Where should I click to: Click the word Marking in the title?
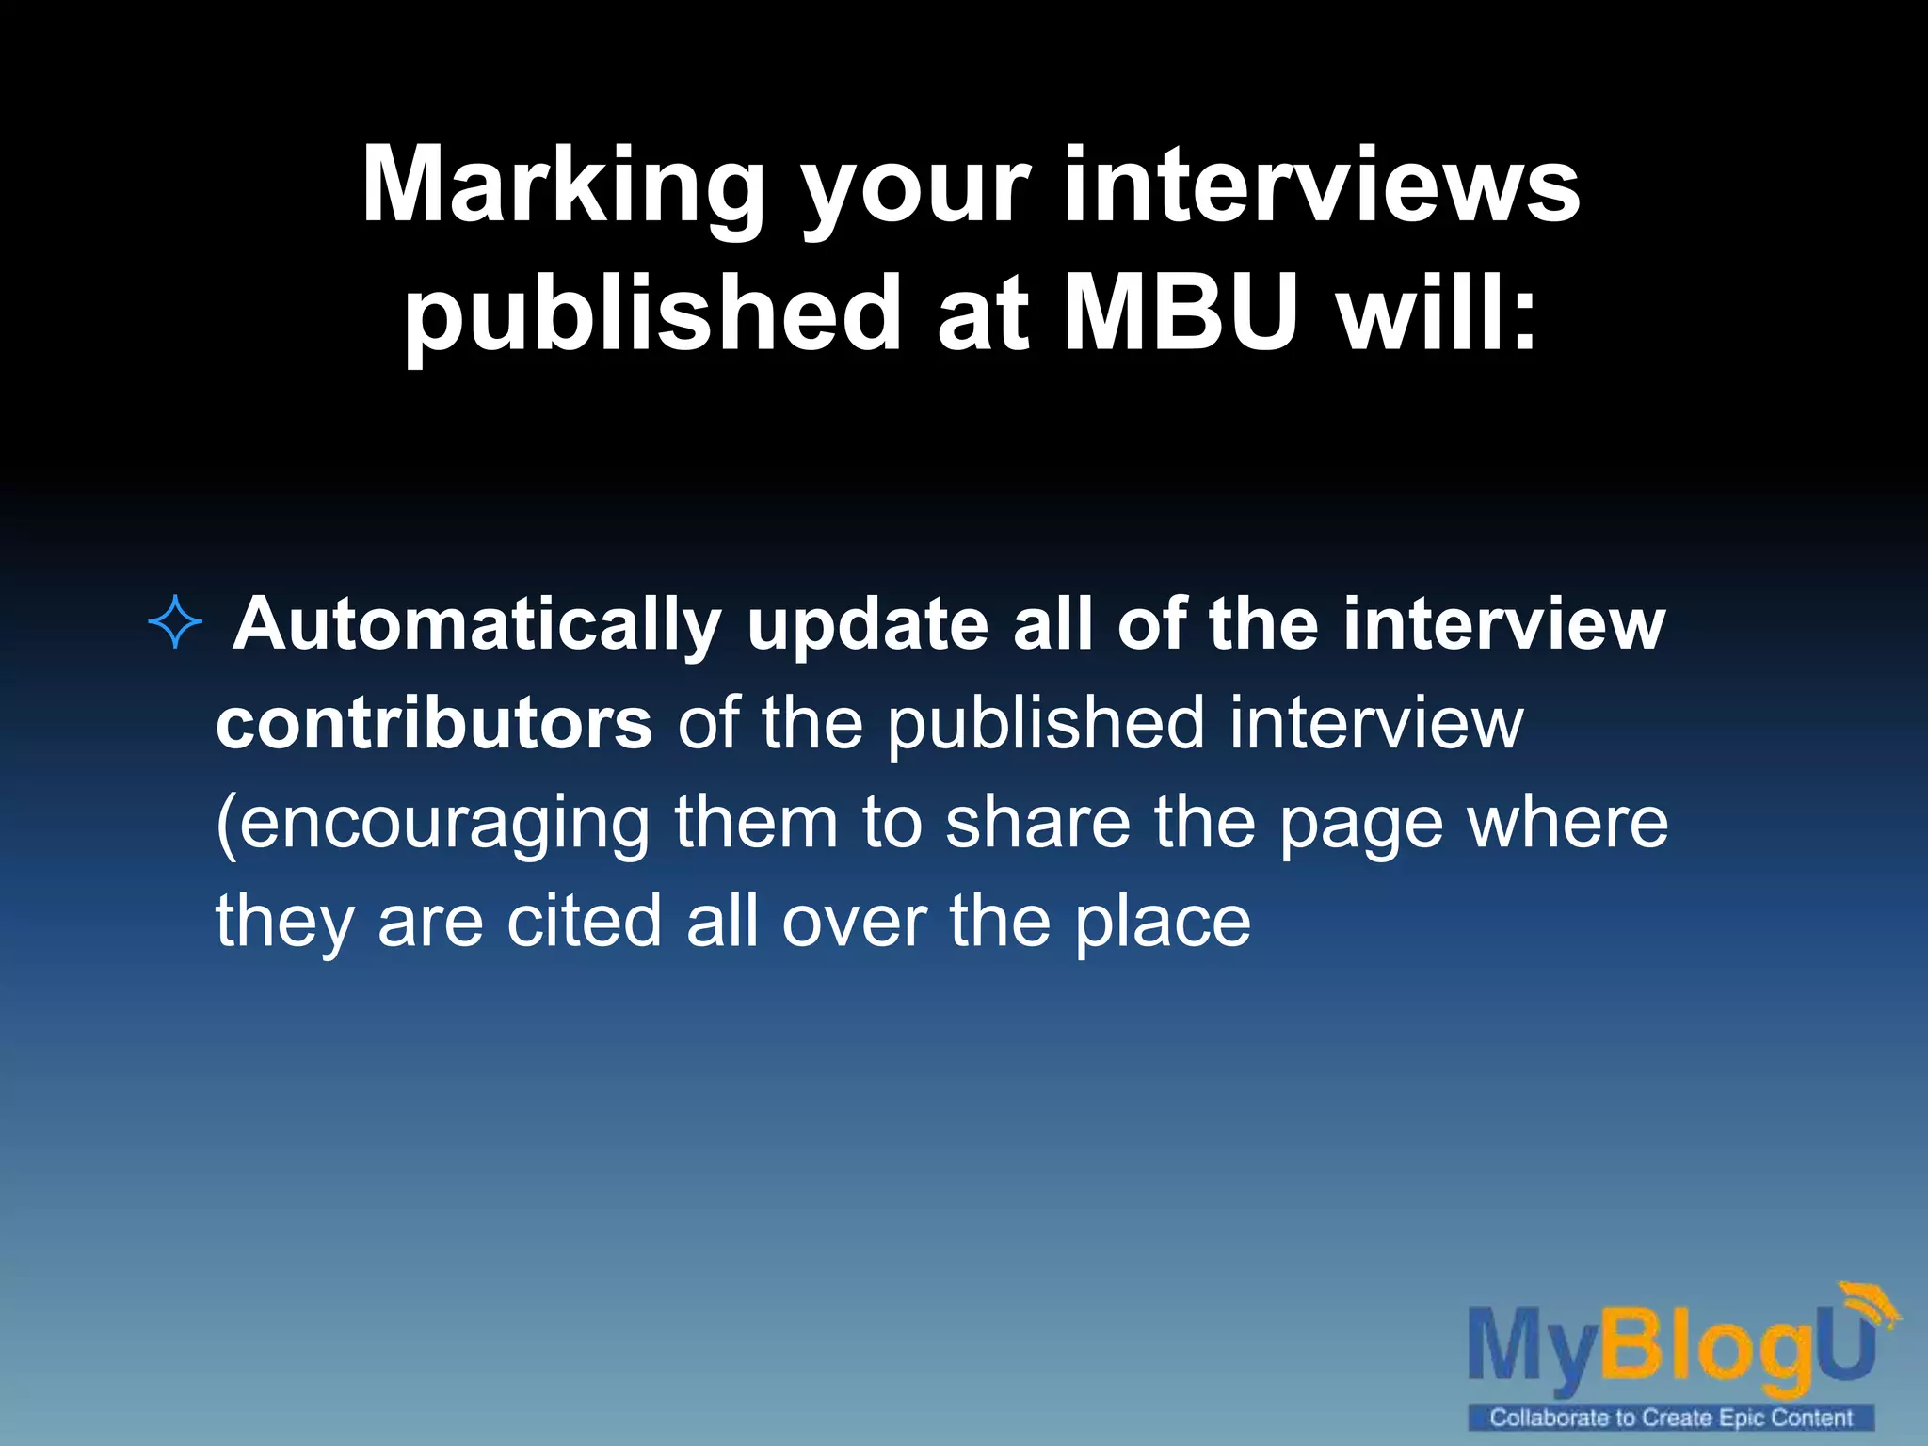[562, 185]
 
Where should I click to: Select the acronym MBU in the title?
[1181, 313]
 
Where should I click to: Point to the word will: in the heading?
[1438, 313]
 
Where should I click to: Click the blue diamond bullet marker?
[176, 623]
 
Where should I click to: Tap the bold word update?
[867, 626]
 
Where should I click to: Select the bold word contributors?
[434, 723]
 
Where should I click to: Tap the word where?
[1567, 821]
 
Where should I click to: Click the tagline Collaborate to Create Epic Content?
[1671, 1418]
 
